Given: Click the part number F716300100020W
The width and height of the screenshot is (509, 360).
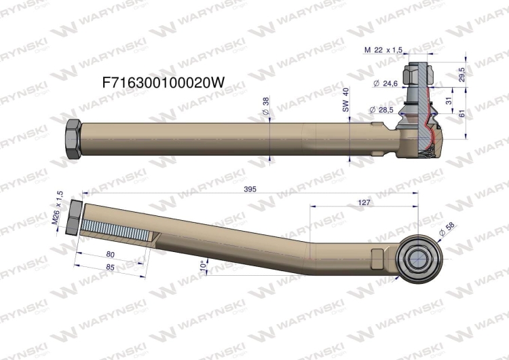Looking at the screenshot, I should pyautogui.click(x=162, y=82).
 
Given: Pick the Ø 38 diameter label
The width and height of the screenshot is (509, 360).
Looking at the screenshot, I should pyautogui.click(x=265, y=105).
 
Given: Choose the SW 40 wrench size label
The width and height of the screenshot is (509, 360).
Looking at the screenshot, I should pyautogui.click(x=345, y=100).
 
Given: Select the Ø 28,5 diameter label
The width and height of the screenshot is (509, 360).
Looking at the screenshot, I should pyautogui.click(x=381, y=109).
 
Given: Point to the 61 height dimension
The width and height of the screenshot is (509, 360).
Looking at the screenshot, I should pyautogui.click(x=462, y=114).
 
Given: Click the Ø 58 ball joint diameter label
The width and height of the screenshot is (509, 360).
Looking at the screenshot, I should pyautogui.click(x=447, y=229).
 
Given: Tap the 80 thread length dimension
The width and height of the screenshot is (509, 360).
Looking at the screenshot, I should pyautogui.click(x=110, y=255).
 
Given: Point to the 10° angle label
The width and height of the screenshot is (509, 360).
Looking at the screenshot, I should pyautogui.click(x=203, y=266).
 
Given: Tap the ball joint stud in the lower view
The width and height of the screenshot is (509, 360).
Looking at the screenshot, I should pyautogui.click(x=417, y=257).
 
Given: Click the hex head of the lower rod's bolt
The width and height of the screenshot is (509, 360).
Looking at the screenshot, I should pyautogui.click(x=75, y=217).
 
